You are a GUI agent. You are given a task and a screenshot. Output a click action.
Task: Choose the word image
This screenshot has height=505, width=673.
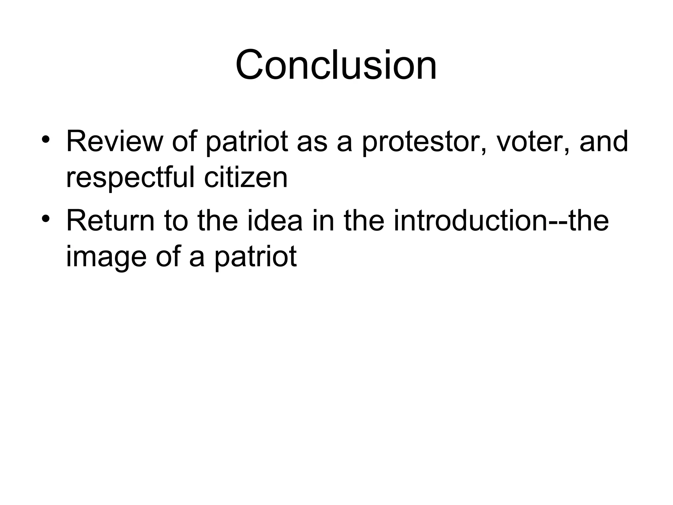click(x=106, y=257)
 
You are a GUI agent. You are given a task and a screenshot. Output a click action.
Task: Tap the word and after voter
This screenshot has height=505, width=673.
click(x=604, y=142)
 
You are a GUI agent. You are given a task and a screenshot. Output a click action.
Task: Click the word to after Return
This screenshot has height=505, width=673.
click(x=176, y=222)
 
